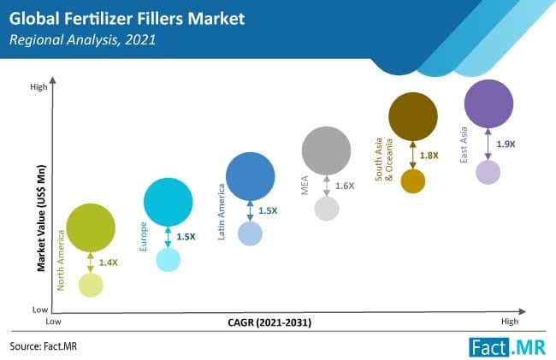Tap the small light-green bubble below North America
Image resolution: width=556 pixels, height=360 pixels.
pos(91,285)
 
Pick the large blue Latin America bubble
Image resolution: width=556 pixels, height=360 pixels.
pos(250,176)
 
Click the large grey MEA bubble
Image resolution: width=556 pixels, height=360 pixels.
pos(326,151)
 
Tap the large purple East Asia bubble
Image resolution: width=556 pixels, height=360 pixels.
pos(488,103)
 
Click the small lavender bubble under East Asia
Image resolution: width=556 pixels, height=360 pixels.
pos(488,172)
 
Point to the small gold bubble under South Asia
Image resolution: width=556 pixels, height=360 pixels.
pos(413,181)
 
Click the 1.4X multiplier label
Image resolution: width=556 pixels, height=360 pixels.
pos(108,263)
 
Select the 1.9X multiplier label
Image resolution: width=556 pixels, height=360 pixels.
pos(506,145)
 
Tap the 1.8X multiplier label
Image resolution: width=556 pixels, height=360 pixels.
pos(429,156)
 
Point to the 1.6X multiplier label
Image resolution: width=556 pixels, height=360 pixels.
pos(345,186)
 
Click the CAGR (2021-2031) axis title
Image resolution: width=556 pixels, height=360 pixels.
pos(269,322)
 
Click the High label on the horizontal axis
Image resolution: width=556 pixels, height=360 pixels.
pos(510,321)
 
